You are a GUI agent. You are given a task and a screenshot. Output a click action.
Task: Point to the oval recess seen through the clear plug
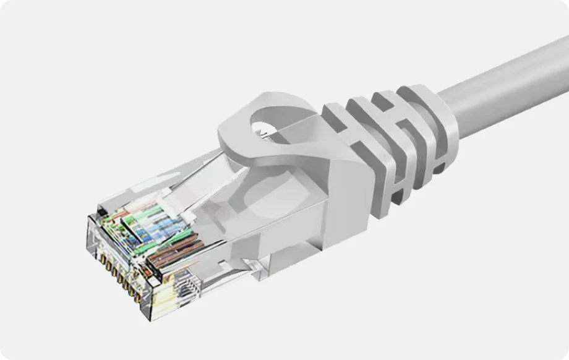260,204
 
